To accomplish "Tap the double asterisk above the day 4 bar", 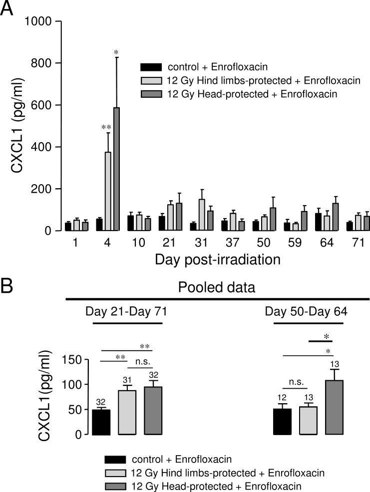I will pos(106,128).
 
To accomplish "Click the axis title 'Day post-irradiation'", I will pos(217,259).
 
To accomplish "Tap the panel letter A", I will pos(6,9).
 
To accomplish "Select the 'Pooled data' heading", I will pos(217,288).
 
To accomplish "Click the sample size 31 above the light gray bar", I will pos(127,381).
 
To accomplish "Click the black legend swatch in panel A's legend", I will pos(152,67).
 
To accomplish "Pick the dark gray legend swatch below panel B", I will pos(116,484).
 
